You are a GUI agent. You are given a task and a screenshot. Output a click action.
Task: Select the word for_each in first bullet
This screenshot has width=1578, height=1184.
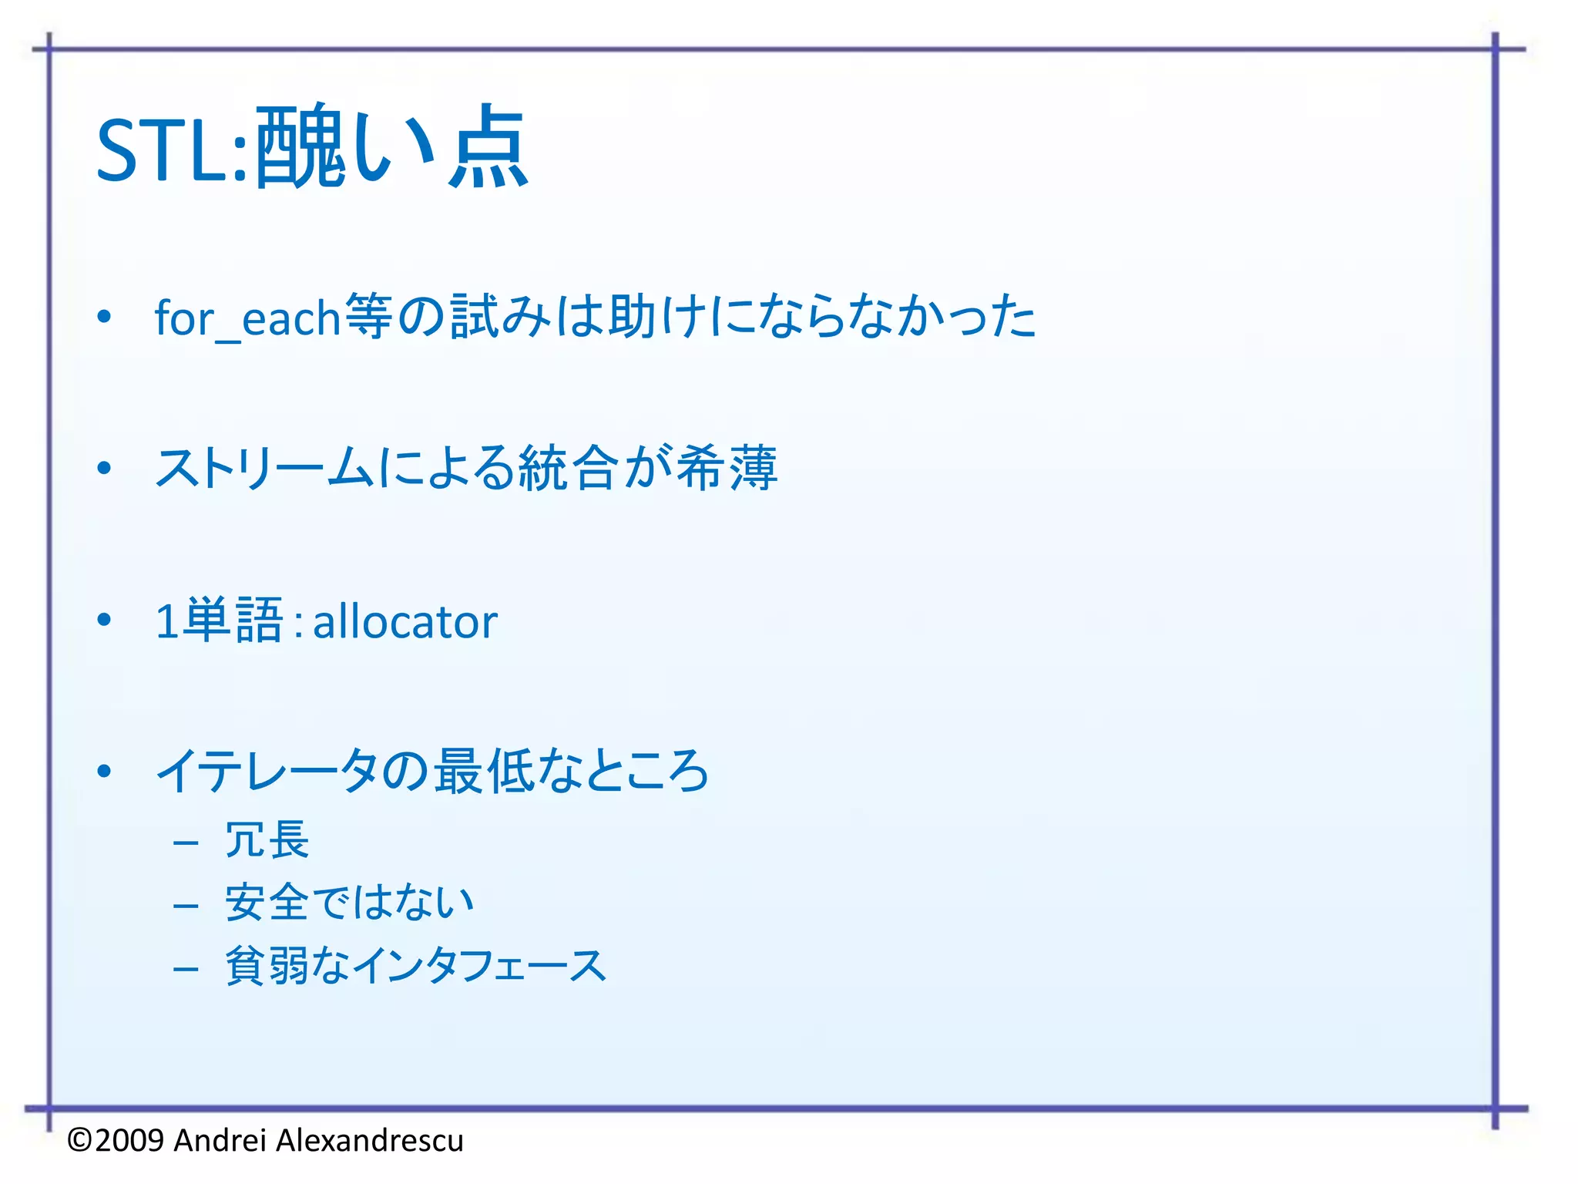pos(247,318)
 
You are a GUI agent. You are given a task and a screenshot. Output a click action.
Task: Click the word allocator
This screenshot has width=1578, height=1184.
pos(405,621)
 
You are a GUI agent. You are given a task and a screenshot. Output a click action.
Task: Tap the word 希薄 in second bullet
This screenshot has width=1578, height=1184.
pos(727,468)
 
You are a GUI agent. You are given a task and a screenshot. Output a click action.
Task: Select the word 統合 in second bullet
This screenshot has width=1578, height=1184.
pos(569,468)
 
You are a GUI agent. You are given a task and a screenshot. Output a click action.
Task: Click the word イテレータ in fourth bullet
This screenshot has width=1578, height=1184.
pos(267,771)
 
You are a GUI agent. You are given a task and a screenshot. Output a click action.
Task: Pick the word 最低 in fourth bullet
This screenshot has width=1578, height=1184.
pos(484,771)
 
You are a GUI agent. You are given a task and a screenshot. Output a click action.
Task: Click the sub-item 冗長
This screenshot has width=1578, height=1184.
pos(267,839)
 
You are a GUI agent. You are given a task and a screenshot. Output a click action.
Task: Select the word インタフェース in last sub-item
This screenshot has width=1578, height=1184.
pos(479,966)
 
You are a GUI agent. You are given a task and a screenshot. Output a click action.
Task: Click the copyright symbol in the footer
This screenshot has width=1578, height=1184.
pos(79,1140)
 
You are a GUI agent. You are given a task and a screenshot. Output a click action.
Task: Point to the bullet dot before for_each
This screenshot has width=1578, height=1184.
pos(105,317)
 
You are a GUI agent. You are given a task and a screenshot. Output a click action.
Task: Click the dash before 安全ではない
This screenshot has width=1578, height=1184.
pos(186,905)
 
